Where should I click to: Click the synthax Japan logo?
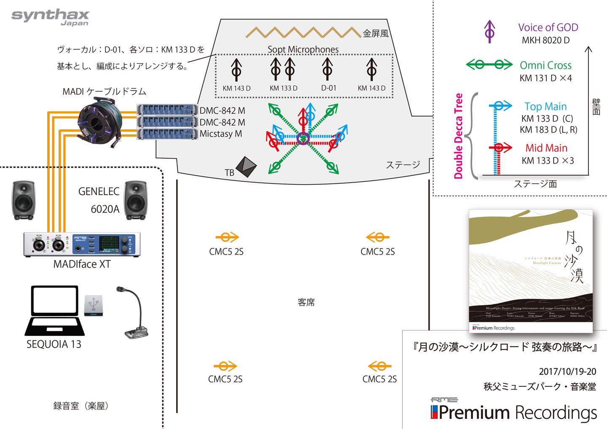click(x=51, y=17)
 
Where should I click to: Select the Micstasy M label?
click(x=221, y=134)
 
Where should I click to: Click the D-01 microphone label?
click(x=329, y=88)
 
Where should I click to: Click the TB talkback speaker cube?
click(x=246, y=167)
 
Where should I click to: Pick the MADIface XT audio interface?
click(x=82, y=244)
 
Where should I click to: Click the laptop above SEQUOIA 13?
click(x=55, y=311)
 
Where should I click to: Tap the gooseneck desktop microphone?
click(x=134, y=312)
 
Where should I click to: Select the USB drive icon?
click(x=93, y=305)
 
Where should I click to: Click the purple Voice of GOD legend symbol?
click(x=489, y=31)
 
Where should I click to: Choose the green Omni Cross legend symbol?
click(x=489, y=65)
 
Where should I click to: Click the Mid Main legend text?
click(x=546, y=148)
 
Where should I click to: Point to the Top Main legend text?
click(x=545, y=107)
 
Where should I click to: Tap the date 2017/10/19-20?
click(x=567, y=372)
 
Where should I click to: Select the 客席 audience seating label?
click(x=306, y=302)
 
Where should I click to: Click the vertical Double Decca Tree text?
click(x=458, y=136)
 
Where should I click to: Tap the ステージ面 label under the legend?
click(x=535, y=184)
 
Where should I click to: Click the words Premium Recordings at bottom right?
click(x=518, y=412)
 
